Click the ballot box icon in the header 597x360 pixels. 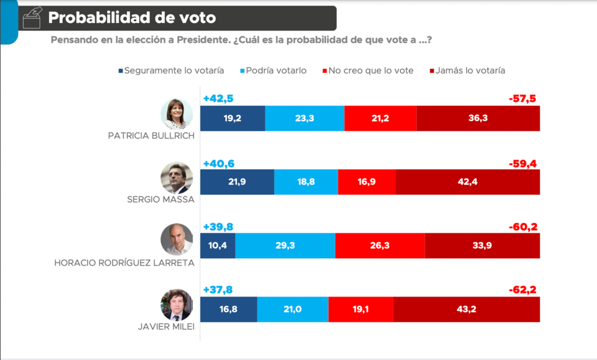point(32,18)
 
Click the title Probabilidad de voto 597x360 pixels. point(132,18)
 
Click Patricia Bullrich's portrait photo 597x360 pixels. point(177,114)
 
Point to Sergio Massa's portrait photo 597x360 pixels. point(177,178)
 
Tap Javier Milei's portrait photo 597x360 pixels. point(177,305)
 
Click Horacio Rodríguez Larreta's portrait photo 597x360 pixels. point(177,240)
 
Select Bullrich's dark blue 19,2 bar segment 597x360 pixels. point(233,118)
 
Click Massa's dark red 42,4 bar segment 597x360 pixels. point(468,182)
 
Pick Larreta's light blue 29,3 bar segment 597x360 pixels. point(285,246)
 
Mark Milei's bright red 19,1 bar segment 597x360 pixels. point(361,309)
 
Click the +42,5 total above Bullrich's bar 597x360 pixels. point(218,99)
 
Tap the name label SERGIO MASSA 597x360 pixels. point(160,200)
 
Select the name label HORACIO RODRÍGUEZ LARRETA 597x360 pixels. point(124,263)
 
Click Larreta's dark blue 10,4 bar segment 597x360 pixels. point(218,246)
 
